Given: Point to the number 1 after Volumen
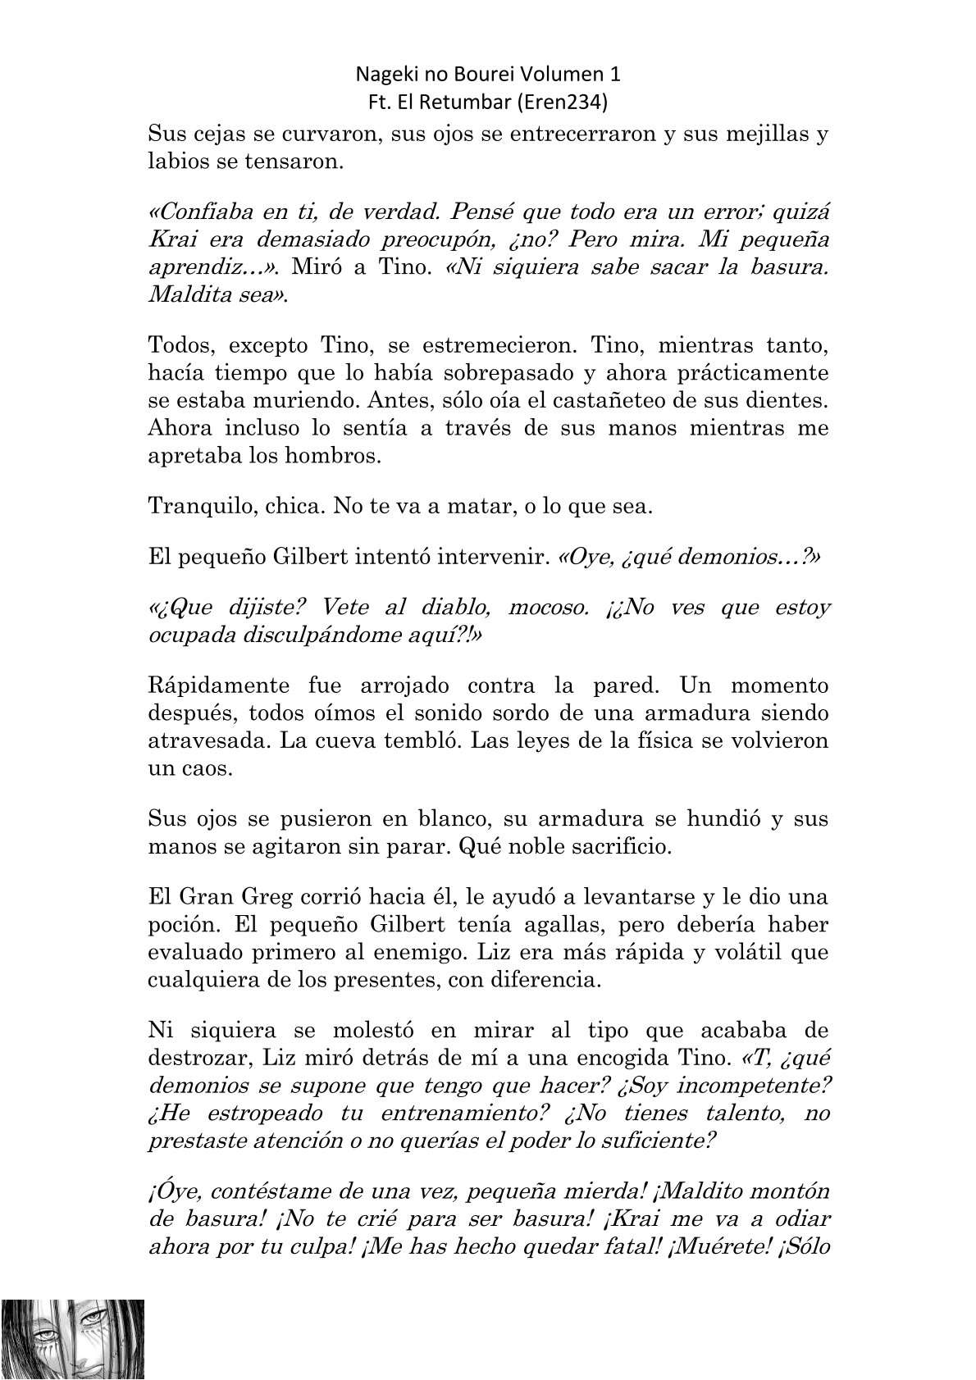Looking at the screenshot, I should coord(615,75).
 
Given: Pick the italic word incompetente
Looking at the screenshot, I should coord(744,1085).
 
